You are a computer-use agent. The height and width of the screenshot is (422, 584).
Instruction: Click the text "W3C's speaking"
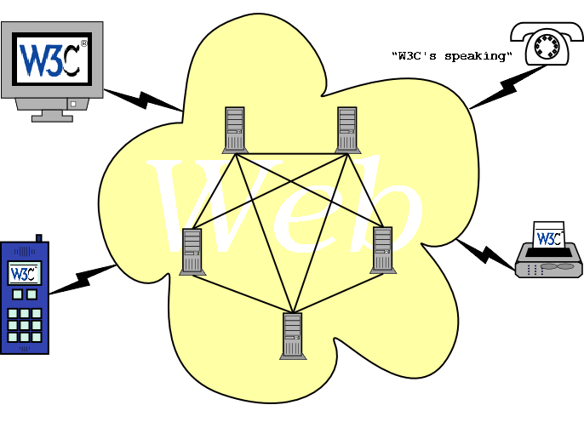click(x=452, y=57)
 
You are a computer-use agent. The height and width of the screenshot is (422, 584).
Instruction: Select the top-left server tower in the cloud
click(x=234, y=129)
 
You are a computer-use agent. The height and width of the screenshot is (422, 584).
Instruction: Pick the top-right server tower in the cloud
click(x=346, y=129)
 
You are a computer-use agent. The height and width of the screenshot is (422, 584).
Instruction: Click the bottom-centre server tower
click(x=292, y=335)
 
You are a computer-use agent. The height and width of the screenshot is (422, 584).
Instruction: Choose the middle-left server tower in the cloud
click(x=192, y=251)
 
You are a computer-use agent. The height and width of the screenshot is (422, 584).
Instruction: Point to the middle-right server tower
click(x=382, y=250)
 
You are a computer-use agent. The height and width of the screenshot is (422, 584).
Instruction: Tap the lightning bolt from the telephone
click(x=501, y=87)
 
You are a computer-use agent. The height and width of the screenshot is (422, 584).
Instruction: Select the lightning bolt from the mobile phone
click(x=85, y=279)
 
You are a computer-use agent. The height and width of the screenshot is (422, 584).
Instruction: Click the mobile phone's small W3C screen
click(x=23, y=273)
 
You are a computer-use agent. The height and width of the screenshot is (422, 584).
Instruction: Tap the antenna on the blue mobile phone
click(x=38, y=238)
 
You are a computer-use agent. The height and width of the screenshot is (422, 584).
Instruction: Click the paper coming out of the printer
click(x=548, y=237)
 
